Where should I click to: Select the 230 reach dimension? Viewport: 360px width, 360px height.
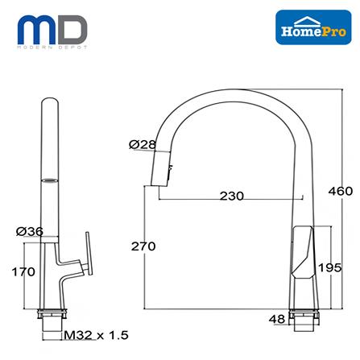pyautogui.click(x=232, y=196)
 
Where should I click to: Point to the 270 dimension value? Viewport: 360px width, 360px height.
pyautogui.click(x=144, y=246)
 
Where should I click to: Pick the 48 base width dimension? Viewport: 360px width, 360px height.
pyautogui.click(x=278, y=320)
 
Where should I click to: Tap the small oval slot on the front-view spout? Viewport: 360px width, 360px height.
pyautogui.click(x=51, y=181)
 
